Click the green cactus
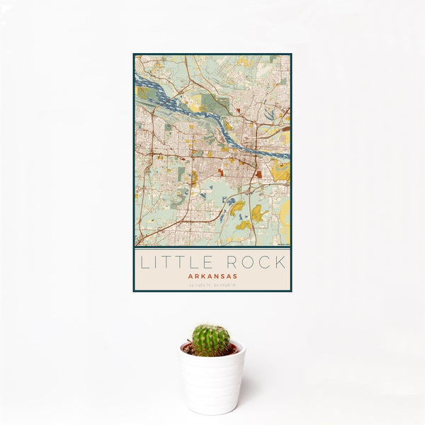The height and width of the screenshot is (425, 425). [211, 340]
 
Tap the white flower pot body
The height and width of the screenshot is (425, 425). [212, 382]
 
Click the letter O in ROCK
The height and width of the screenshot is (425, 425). [249, 262]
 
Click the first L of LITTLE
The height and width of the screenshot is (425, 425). [144, 262]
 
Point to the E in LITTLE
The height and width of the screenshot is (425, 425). [210, 262]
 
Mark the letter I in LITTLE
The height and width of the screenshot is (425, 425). [157, 262]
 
